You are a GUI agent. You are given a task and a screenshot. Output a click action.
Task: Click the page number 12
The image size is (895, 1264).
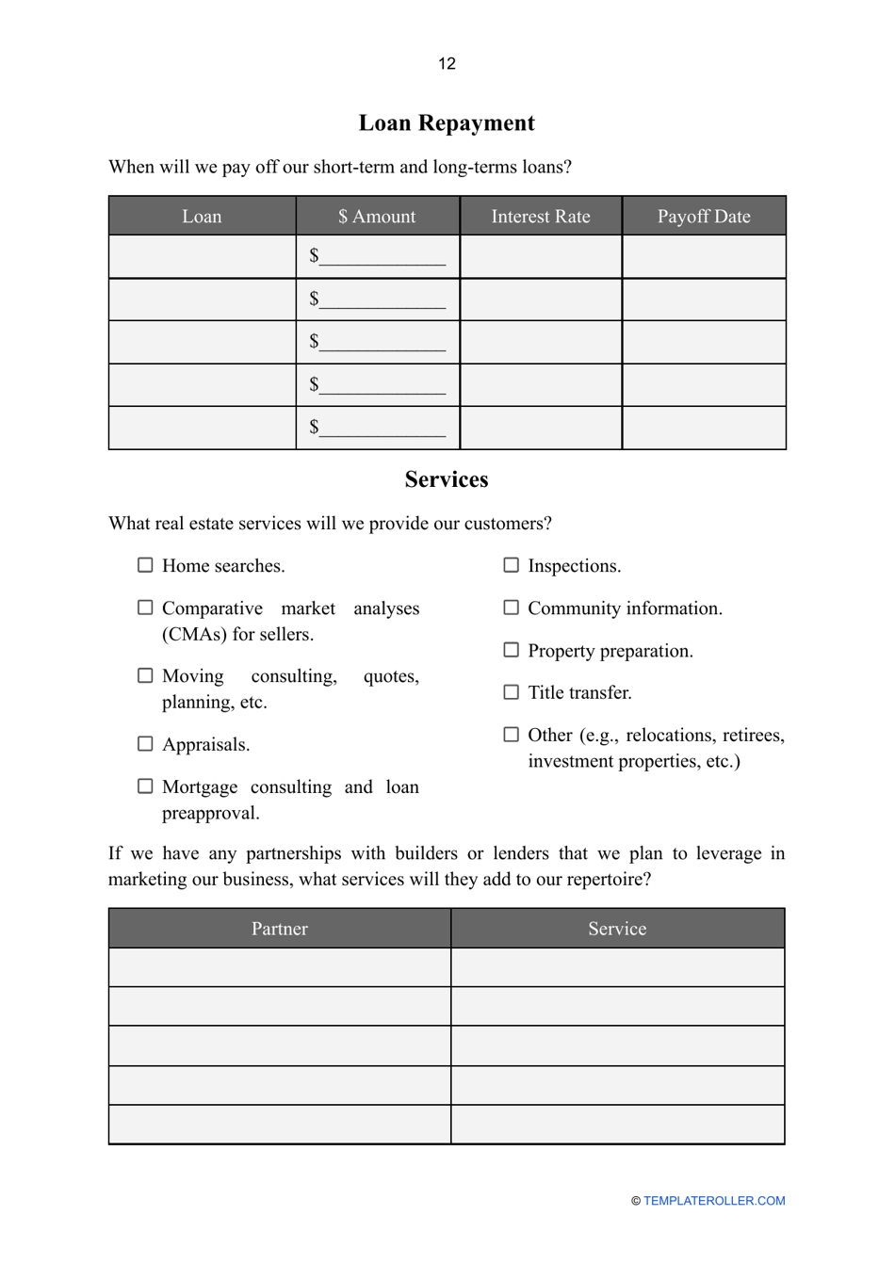coord(447,63)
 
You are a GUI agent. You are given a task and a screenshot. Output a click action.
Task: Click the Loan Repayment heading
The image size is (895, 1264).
coord(447,123)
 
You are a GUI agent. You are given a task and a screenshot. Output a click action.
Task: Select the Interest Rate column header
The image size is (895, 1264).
coord(541,217)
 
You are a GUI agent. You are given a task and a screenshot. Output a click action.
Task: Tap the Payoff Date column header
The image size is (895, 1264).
coord(704,217)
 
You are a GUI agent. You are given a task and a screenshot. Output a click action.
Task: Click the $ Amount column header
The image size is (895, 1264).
coord(377,217)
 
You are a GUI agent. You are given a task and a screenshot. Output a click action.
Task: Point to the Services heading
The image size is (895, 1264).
coord(447,479)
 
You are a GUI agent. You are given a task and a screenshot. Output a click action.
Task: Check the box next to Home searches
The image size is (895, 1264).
coord(145,565)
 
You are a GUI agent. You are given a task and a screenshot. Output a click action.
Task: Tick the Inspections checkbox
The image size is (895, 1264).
coord(511,565)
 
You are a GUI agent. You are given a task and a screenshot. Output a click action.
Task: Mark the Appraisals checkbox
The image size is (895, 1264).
coord(145,744)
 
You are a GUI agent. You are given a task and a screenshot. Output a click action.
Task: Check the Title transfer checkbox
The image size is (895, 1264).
coord(511,692)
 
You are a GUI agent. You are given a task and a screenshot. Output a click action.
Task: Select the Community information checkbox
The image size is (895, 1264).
coord(511,608)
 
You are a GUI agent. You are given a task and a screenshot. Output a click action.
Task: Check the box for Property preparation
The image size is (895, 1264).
coord(511,650)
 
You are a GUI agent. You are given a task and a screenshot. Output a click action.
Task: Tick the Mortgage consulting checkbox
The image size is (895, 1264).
coord(145,786)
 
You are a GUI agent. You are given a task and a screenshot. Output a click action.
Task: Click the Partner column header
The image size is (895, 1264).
coord(280,929)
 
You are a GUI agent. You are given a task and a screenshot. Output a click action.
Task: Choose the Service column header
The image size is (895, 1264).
coord(617,929)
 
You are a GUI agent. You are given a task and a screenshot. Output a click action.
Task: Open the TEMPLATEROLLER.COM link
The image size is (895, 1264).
coord(713,1201)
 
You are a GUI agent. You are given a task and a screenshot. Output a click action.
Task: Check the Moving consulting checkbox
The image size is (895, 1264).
coord(145,675)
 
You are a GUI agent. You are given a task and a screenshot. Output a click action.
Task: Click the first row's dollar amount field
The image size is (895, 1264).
coord(382,256)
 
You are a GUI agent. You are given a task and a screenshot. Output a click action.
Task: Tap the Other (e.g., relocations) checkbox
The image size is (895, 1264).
coord(511,735)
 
